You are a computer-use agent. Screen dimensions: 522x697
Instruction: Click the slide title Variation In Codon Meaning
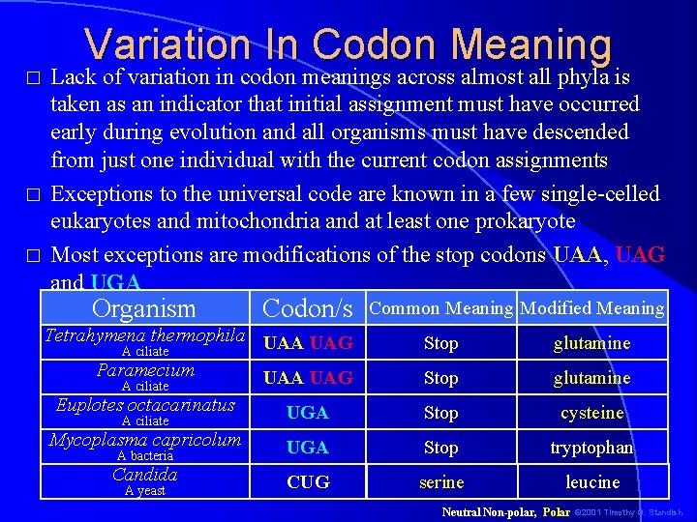point(348,44)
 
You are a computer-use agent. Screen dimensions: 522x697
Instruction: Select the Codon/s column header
point(308,308)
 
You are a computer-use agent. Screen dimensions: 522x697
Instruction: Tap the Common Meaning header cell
point(440,308)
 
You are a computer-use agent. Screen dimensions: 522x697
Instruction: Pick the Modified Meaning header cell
point(591,308)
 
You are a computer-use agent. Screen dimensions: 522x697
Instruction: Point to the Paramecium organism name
point(145,370)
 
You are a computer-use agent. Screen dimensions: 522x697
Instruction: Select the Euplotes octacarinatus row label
point(145,405)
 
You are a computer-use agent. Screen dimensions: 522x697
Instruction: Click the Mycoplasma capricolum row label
point(145,440)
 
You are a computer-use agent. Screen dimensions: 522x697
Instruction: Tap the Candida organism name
point(145,475)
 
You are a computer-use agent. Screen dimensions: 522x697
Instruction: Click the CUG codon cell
point(308,481)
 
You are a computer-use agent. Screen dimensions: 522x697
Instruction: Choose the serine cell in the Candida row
point(440,481)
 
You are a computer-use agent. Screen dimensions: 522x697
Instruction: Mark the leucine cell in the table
point(591,481)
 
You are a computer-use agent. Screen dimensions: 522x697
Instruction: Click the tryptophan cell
point(591,448)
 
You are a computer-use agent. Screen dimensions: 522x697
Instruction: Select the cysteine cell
point(591,413)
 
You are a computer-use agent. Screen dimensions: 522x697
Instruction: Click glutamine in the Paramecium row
point(591,378)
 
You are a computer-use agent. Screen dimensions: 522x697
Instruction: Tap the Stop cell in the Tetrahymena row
point(440,343)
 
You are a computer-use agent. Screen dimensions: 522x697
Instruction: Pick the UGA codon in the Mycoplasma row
point(308,448)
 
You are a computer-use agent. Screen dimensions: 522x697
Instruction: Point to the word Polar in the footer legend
point(556,510)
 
